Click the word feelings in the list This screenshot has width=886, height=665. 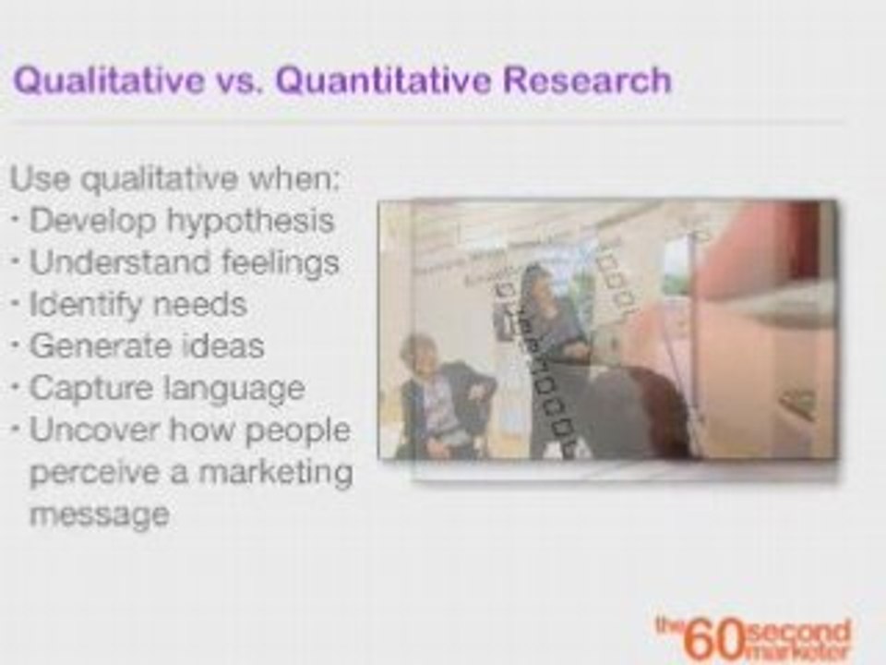pos(281,263)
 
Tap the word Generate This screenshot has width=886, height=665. pos(90,346)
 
